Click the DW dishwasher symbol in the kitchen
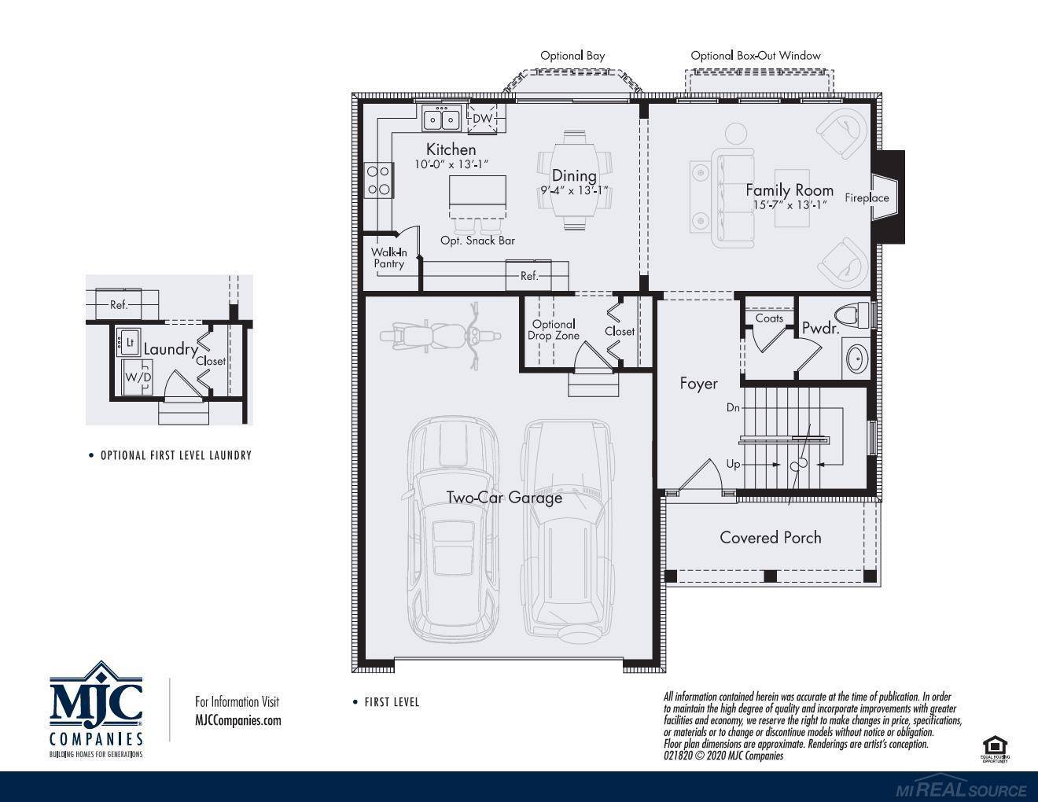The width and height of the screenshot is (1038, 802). point(483,119)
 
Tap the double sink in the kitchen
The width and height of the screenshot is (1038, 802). point(441,120)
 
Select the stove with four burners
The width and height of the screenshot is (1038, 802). point(378,178)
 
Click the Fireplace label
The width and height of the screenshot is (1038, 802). point(867,198)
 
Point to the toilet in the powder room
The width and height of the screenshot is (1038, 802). point(853,315)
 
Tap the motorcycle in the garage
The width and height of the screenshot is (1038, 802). point(440,336)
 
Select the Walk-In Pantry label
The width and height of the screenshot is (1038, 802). point(388,258)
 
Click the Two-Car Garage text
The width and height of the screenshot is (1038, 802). point(504,498)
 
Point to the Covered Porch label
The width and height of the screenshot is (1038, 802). point(770,538)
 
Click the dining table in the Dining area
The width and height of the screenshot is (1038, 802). point(574,180)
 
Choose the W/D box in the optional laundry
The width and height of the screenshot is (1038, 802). point(138,378)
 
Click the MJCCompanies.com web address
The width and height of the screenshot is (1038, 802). point(237,720)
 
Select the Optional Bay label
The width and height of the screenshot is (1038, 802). point(572,56)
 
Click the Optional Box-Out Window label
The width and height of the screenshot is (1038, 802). point(755,56)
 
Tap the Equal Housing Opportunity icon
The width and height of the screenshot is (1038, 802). point(994,749)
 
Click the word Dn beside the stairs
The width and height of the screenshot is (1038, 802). point(733,409)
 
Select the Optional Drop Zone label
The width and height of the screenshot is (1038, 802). point(554,329)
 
